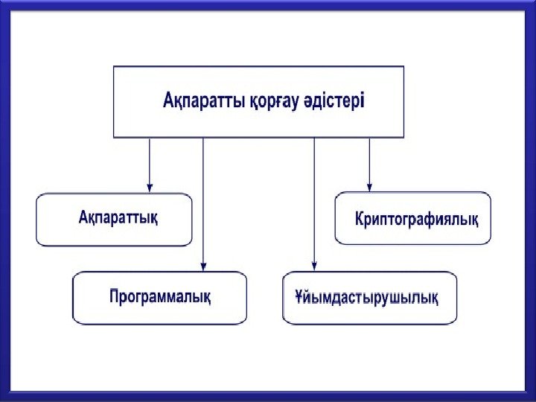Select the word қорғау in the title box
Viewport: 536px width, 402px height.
point(269,101)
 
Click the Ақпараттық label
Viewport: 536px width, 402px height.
point(118,218)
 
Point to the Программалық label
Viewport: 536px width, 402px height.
point(160,296)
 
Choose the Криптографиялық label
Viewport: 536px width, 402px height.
point(417,219)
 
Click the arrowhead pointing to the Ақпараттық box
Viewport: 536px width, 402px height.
point(150,187)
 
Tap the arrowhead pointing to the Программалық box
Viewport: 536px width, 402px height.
point(203,265)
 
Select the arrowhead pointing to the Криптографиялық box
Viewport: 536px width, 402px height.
point(369,186)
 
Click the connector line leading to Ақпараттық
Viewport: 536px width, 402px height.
point(150,160)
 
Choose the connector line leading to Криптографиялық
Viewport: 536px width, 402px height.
point(369,160)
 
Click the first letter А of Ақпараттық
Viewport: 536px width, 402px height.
point(83,218)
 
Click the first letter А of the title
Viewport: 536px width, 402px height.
point(168,101)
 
